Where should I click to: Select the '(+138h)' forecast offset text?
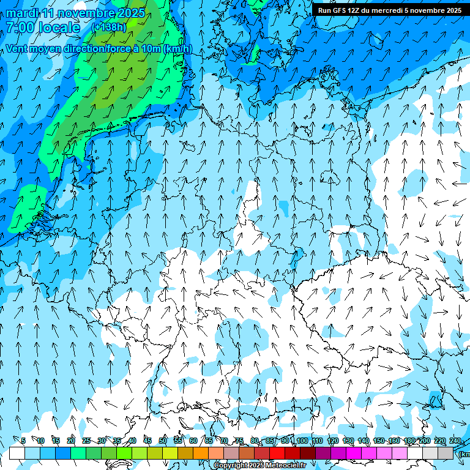click(108, 28)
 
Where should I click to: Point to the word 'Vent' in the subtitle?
click(18, 48)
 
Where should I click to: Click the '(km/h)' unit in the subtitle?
click(177, 48)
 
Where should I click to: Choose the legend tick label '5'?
click(23, 441)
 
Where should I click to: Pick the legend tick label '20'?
click(71, 441)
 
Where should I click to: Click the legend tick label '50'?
click(163, 441)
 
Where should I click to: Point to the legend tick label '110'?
click(316, 441)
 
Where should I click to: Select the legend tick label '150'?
click(379, 441)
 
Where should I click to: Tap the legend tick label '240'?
click(455, 441)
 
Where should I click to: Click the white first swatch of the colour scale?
click(17, 453)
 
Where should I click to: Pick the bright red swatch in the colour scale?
click(277, 453)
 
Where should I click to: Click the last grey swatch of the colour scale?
click(446, 453)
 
